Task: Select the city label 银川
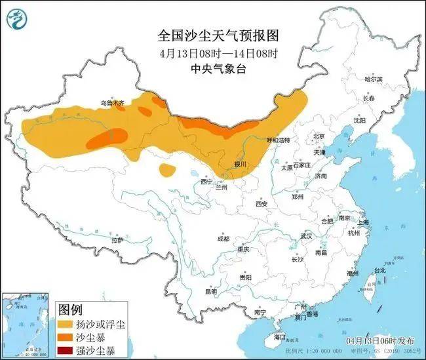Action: (240, 164)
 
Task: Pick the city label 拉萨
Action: (117, 241)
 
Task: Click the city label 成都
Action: (223, 238)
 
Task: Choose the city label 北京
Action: (319, 136)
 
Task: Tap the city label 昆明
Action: (210, 291)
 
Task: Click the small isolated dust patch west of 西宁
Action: (167, 170)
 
